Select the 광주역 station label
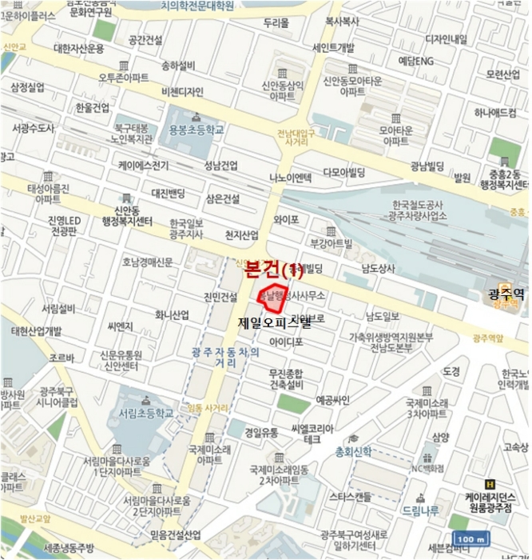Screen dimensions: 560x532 click(x=506, y=294)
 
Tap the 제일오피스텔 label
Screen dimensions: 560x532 click(x=275, y=324)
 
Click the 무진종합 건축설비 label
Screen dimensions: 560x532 click(x=285, y=379)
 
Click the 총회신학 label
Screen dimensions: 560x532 click(x=352, y=452)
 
